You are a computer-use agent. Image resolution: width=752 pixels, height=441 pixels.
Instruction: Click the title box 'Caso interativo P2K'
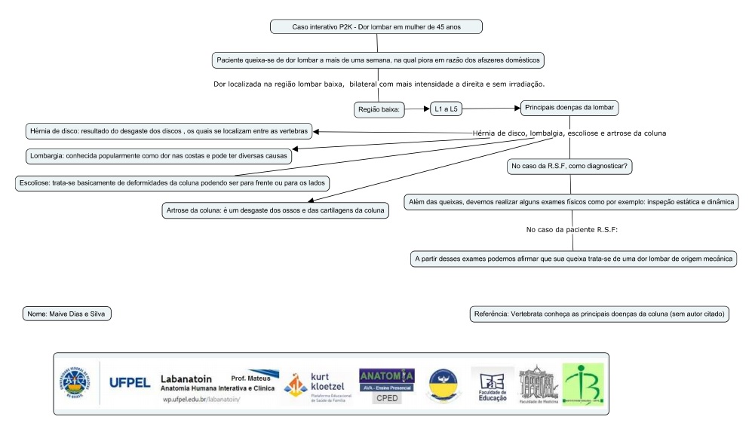click(376, 27)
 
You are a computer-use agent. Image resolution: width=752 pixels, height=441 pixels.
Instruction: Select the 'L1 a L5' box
click(447, 110)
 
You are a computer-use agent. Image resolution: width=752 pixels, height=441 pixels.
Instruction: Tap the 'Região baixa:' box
click(379, 110)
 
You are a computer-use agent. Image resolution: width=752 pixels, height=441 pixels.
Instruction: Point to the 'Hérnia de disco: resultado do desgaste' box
click(167, 131)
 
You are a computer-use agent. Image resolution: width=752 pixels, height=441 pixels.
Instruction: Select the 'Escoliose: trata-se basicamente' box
click(173, 182)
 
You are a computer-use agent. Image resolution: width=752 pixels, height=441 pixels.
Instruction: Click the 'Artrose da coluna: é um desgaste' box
click(275, 210)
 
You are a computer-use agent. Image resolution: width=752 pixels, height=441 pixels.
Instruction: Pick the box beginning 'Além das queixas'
click(572, 202)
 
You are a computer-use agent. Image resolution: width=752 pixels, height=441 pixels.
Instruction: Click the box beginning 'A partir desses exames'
click(573, 259)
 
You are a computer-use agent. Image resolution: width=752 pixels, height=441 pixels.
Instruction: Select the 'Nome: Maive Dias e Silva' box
click(68, 313)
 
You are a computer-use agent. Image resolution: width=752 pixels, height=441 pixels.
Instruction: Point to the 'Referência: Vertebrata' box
click(599, 313)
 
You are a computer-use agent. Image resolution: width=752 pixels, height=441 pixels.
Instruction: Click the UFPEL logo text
click(130, 382)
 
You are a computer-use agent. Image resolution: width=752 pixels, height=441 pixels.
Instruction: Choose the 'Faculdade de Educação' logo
click(490, 384)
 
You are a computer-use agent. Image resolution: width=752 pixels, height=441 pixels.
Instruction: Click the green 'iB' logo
click(577, 383)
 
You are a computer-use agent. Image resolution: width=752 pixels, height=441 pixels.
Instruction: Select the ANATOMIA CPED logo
click(386, 384)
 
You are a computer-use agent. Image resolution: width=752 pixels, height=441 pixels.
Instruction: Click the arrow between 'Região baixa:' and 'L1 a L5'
click(417, 110)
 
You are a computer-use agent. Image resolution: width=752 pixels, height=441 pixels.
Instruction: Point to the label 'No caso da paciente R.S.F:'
click(571, 229)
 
